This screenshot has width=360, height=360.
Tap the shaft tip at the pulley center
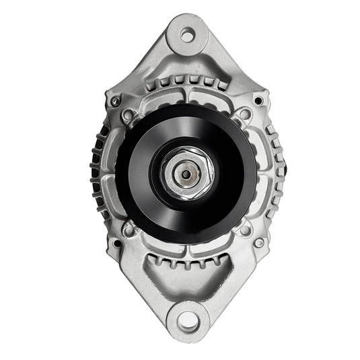pyautogui.click(x=184, y=174)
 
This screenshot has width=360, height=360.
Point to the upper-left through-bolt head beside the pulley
pyautogui.click(x=128, y=115)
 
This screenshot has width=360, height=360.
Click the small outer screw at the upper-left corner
pyautogui.click(x=115, y=101)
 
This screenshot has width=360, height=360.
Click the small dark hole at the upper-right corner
pyautogui.click(x=258, y=101)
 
